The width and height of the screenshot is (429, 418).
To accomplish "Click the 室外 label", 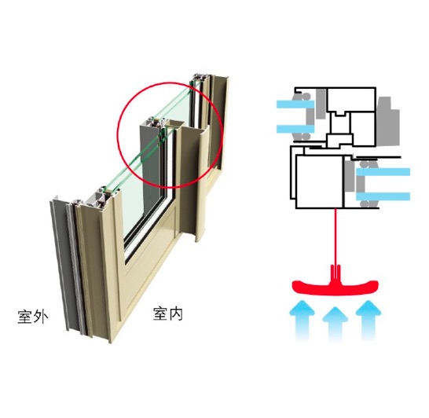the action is point(33,317).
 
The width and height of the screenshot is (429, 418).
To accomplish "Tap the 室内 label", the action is point(167,313).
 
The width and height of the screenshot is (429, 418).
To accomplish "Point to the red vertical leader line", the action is point(335,236).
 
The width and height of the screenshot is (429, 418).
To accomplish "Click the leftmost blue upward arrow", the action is point(302,320).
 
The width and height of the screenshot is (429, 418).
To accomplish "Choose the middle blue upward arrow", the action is point(335,324).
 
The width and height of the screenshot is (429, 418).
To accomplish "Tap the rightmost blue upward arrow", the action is point(368,320).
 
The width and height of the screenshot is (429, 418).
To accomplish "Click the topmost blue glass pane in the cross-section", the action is point(295,104).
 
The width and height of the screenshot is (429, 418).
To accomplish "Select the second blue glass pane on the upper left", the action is point(295,129).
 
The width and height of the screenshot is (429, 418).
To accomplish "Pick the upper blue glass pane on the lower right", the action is point(383,172).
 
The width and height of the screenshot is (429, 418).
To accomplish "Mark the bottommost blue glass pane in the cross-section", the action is point(383,196).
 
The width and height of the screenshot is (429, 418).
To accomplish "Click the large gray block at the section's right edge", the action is point(387,121).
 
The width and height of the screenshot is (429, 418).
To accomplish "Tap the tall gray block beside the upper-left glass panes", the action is point(321,104).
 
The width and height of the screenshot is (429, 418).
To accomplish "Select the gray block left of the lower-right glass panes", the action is point(350,177).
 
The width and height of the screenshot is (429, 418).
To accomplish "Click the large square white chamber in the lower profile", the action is point(320,181).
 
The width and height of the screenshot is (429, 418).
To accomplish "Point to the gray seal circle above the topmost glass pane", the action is point(306,97).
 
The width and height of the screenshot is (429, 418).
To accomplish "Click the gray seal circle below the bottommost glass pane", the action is point(364,204).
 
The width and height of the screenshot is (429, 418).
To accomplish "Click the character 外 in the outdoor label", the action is point(41,317).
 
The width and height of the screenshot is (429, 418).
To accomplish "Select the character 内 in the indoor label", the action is point(176,313).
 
